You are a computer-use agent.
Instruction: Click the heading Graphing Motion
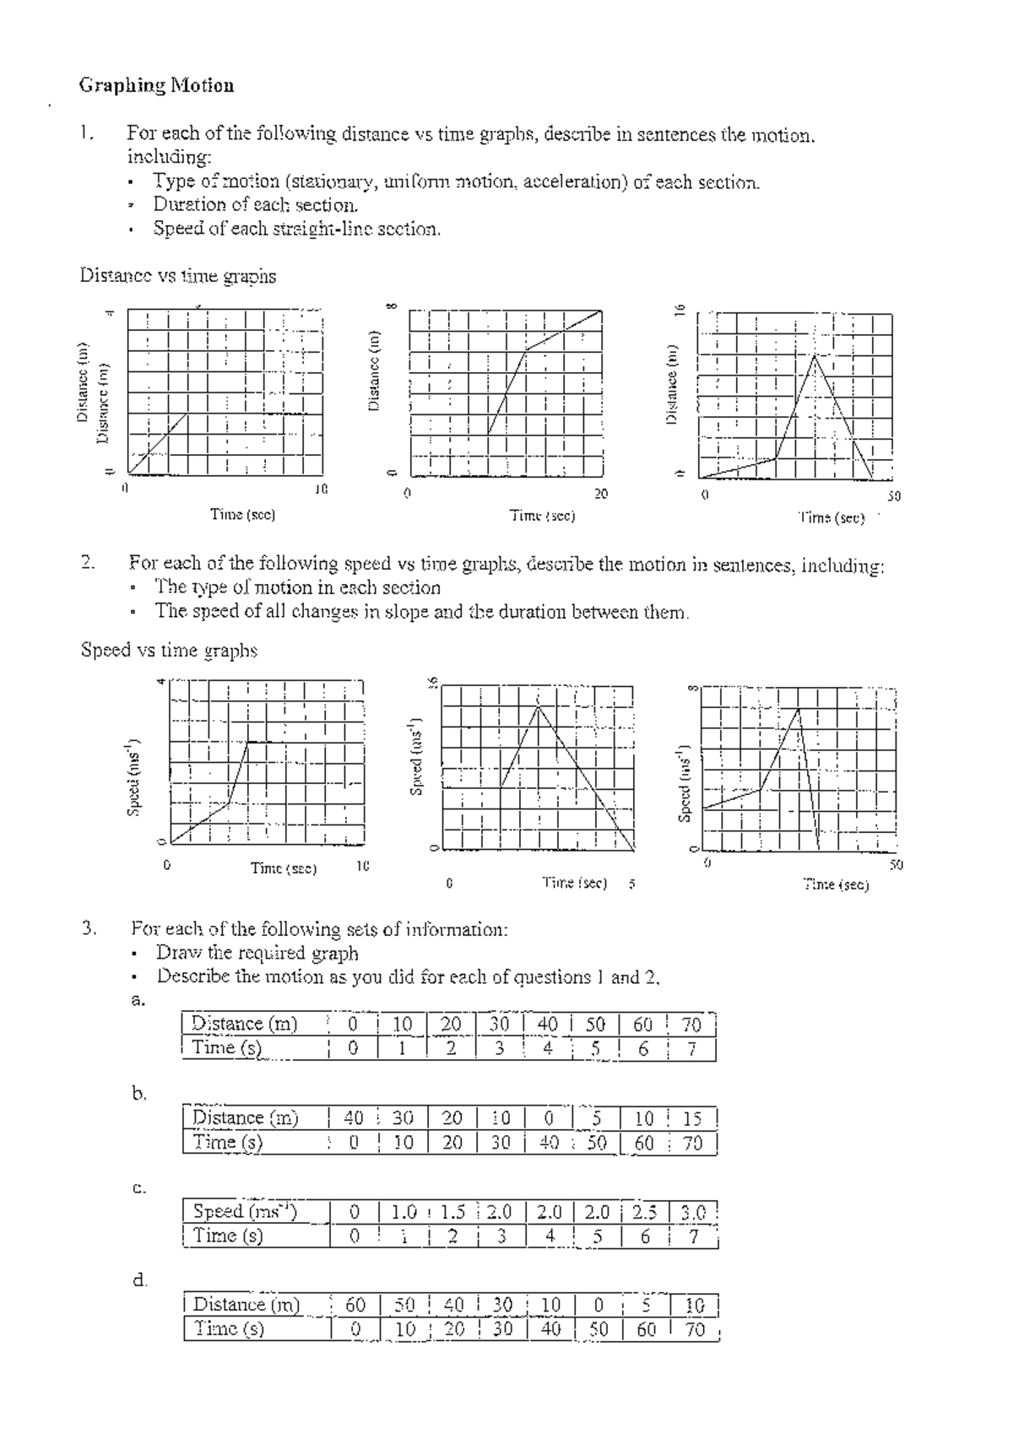click(156, 85)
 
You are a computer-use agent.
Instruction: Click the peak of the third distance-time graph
click(814, 355)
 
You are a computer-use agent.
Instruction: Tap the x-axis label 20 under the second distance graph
click(600, 495)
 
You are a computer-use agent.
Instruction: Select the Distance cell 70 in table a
click(691, 1025)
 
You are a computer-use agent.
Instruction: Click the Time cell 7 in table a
click(691, 1048)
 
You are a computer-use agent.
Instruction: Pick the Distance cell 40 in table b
click(354, 1118)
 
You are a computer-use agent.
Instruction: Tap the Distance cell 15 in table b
click(692, 1118)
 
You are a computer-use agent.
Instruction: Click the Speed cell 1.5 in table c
click(452, 1213)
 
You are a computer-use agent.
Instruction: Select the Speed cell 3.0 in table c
click(693, 1213)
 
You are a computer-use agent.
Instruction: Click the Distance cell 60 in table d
click(355, 1306)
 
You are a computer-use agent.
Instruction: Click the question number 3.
click(89, 929)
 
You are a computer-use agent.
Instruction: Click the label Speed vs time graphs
click(169, 650)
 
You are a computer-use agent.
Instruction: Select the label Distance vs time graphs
click(177, 276)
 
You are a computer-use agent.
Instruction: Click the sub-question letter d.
click(139, 1280)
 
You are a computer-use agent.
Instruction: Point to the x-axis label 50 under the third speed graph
click(896, 864)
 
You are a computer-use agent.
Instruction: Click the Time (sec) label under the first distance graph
click(242, 514)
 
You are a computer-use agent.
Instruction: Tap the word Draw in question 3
click(179, 953)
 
